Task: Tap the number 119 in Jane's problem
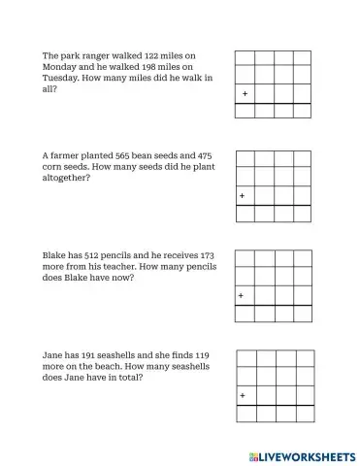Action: (x=202, y=355)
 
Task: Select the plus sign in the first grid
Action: (x=245, y=94)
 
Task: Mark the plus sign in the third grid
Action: (x=243, y=295)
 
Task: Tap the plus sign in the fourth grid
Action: (x=244, y=395)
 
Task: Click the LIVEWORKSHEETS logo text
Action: (x=307, y=455)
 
